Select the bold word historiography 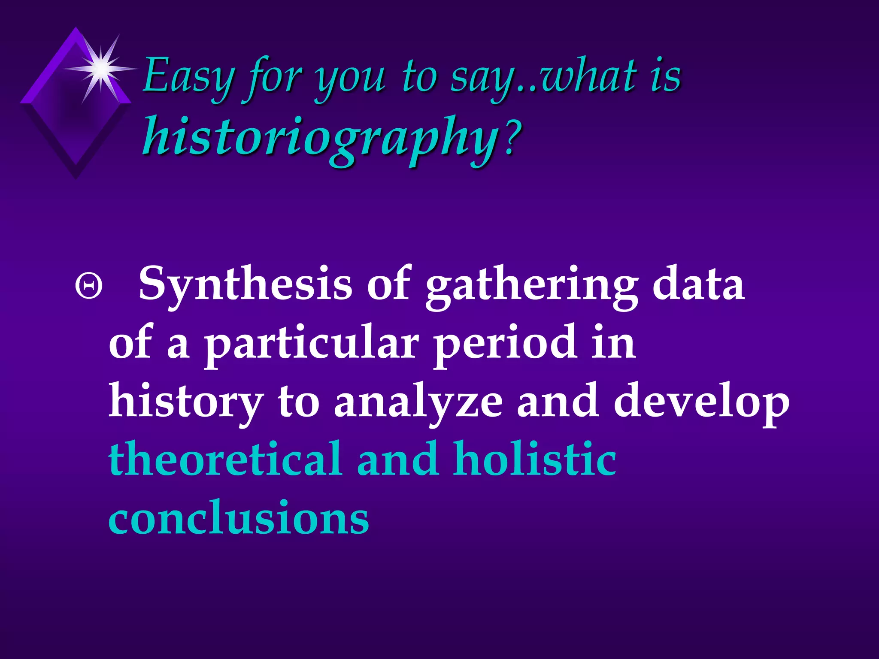[320, 137]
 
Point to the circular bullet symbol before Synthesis [89, 287]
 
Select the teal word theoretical [225, 459]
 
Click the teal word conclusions [239, 518]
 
